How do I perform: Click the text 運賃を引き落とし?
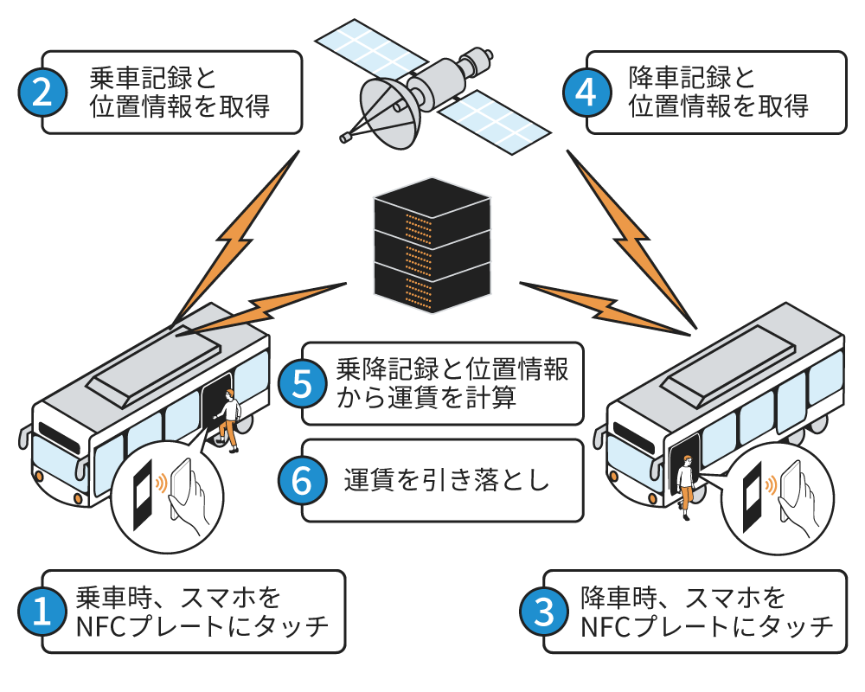[446, 481]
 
